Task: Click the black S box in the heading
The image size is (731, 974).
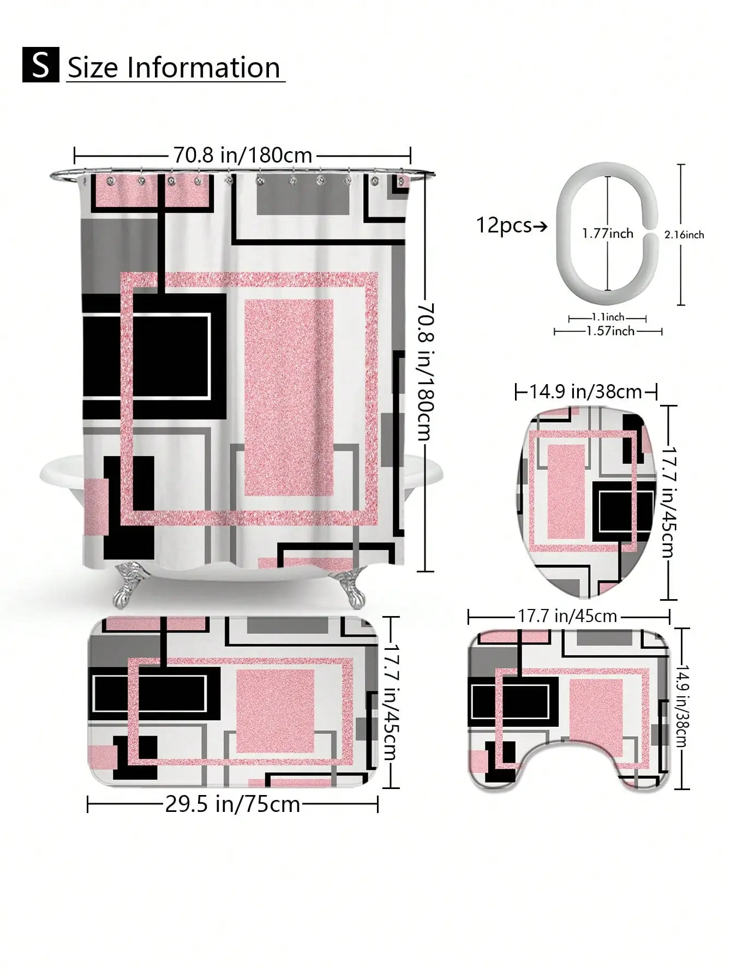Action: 40,65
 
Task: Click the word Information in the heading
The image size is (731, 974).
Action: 203,68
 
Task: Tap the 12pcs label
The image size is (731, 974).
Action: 504,225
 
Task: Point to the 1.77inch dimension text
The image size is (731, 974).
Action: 607,234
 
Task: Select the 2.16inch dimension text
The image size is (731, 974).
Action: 684,235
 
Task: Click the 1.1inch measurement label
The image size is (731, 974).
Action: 608,317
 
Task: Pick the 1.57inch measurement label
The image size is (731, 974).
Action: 610,331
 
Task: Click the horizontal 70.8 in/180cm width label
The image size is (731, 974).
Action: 243,156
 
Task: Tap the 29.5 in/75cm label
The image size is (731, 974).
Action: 233,804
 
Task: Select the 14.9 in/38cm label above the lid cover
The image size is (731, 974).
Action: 586,391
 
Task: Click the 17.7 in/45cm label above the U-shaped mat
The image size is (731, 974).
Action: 567,616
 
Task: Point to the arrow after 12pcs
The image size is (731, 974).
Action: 540,225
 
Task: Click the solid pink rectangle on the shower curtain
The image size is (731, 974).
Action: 289,397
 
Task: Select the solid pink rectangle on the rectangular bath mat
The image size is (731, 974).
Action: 275,710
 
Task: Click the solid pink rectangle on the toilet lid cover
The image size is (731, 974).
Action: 566,492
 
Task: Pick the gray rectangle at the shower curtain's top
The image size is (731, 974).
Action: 303,195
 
